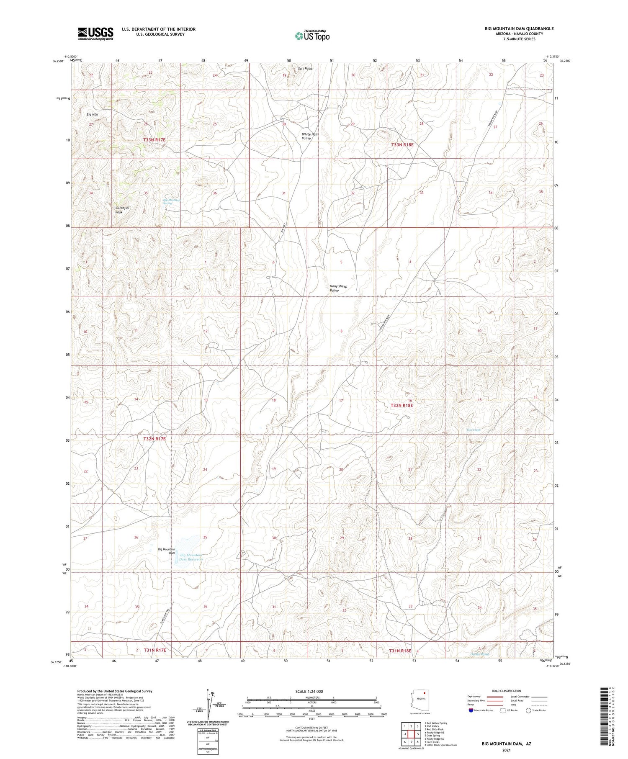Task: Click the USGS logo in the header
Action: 95,33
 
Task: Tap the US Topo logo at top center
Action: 312,36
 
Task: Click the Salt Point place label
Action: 305,68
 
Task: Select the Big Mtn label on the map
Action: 92,114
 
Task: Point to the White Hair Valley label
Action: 310,136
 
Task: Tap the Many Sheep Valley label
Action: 338,288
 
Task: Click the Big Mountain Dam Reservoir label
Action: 191,557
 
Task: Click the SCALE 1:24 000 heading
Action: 309,691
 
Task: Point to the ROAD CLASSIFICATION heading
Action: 507,691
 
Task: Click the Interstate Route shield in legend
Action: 471,710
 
